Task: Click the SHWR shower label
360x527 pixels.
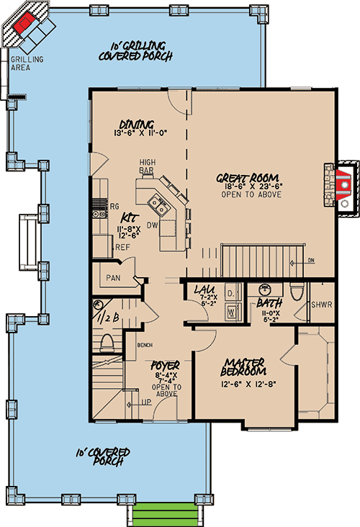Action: click(x=322, y=304)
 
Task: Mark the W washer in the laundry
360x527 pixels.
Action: click(x=231, y=312)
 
